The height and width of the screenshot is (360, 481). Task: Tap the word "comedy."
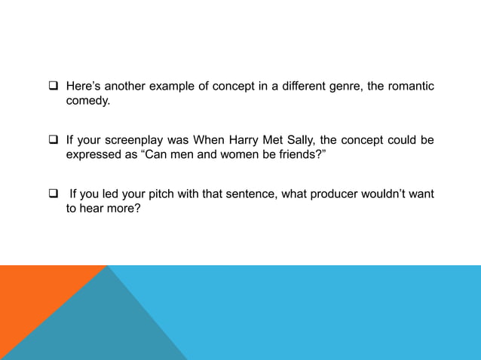coord(87,100)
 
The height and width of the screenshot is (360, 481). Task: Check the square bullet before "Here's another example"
coord(54,87)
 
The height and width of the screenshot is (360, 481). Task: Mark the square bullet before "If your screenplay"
coord(54,140)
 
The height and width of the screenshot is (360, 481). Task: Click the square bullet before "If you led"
coord(54,194)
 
